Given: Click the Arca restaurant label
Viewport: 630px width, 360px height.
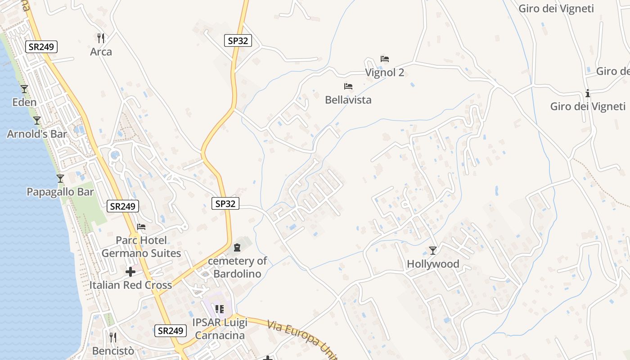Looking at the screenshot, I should click(101, 52).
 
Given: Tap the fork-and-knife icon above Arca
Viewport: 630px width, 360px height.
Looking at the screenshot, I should click(101, 38).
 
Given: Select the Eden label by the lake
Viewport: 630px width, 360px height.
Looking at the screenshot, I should click(24, 102).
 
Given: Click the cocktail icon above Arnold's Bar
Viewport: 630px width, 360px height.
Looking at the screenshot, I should click(37, 121).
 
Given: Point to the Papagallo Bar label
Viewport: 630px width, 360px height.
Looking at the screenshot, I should click(60, 192).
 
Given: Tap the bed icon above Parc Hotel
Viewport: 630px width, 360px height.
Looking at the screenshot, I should click(141, 227).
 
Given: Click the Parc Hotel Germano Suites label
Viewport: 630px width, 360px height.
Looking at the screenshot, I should click(141, 247).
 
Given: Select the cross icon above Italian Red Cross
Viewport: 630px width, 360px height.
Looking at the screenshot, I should click(130, 272).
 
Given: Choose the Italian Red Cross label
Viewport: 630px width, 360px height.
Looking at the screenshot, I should click(130, 285).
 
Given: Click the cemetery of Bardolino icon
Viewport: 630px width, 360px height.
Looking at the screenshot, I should click(237, 247).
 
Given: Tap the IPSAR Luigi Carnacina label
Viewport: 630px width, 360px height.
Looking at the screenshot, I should click(219, 329).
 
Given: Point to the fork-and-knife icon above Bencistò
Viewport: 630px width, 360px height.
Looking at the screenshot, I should click(113, 337).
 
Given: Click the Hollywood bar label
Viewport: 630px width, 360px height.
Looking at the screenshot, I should click(433, 264).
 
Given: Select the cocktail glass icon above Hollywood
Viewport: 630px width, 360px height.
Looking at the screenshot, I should click(433, 251).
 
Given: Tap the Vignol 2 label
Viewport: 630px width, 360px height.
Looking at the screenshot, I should click(385, 72).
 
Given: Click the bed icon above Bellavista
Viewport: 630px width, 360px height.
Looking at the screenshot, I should click(348, 86).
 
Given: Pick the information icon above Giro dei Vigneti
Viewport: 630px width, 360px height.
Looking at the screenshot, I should click(588, 94).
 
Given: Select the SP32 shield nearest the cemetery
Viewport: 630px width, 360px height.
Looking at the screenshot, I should click(225, 203).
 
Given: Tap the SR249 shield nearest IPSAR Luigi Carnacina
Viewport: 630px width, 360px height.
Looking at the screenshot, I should click(170, 331).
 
